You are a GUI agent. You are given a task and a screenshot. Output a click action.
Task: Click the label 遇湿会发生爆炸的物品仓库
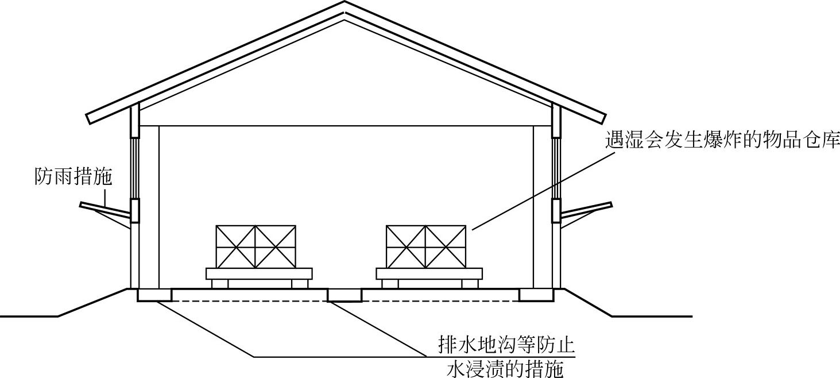(x=722, y=140)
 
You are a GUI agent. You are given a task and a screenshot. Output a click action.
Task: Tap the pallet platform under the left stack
(x=259, y=273)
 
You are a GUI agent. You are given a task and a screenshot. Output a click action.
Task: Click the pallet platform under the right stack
(x=429, y=273)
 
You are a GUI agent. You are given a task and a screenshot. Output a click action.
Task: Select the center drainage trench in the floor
(x=344, y=295)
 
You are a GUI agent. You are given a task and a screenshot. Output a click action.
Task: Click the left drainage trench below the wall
(x=154, y=295)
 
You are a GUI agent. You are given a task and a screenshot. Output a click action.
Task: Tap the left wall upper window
(x=135, y=168)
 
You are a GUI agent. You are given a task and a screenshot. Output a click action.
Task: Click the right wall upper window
(x=556, y=168)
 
